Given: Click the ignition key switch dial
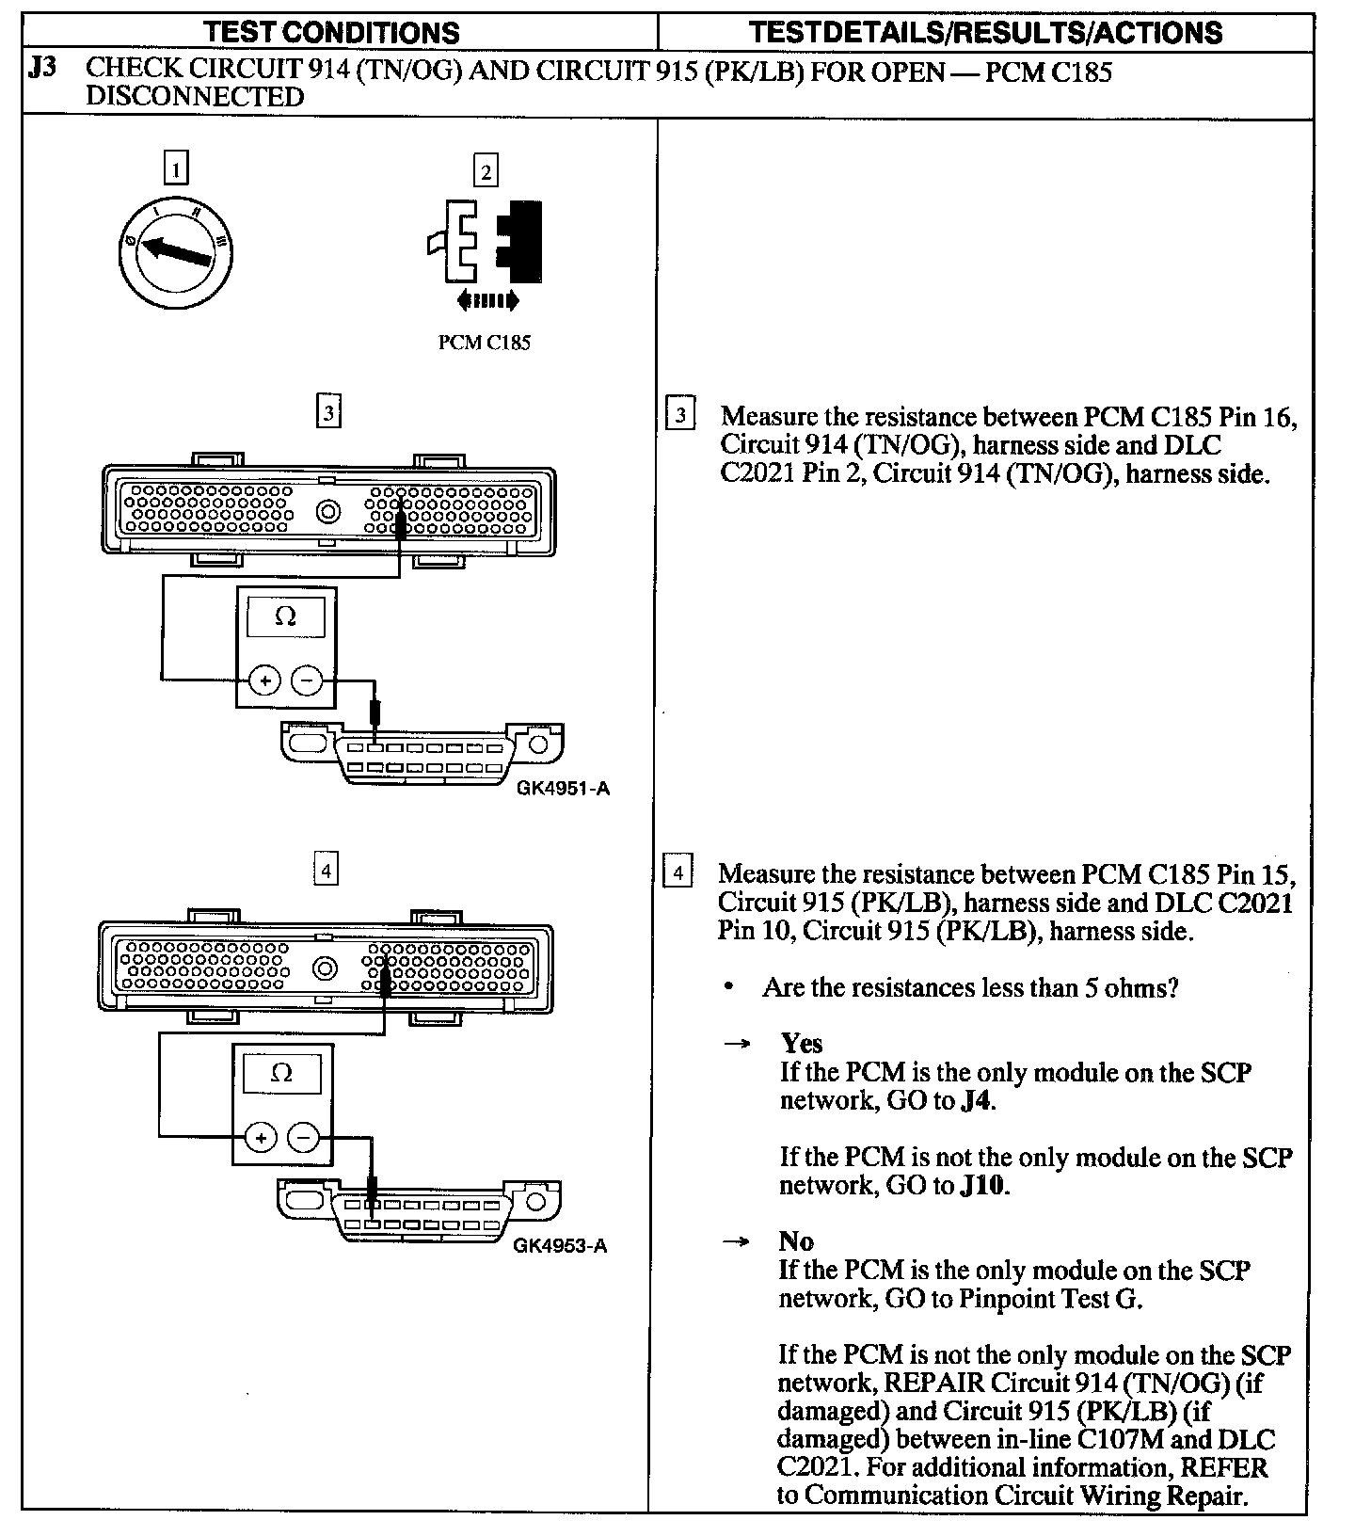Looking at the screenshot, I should pos(177,251).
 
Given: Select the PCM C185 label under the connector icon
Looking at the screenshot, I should pos(485,343).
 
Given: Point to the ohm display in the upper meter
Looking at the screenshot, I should pos(285,616).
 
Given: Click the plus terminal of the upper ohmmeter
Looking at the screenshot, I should pos(264,680).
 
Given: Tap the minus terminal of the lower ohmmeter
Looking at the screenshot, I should pos(303,1138).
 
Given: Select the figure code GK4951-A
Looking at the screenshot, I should pos(563,788).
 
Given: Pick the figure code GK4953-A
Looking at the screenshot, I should pos(560,1246).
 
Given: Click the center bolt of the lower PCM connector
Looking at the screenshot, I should pos(325,968).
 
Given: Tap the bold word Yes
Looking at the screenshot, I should pos(801,1043).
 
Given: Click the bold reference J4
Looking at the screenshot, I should pos(977,1100).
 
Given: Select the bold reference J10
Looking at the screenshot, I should pos(983,1185).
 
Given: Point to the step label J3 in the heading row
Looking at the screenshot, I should pos(44,69).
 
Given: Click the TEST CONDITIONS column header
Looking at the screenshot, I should pos(332,33).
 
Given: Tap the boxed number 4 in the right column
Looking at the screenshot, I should pos(677,872).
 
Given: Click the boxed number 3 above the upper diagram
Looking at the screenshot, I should pos(327,412).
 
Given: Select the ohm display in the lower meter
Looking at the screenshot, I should pos(281,1073).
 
